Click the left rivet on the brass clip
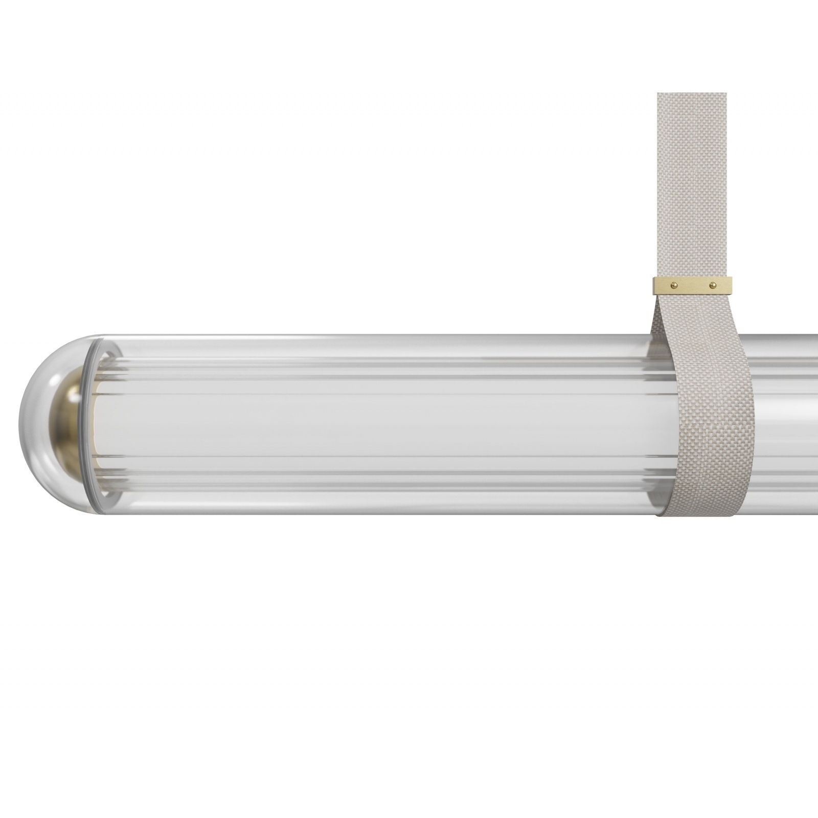click(x=673, y=284)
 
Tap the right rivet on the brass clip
click(x=712, y=284)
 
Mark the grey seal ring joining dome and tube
click(x=85, y=424)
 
